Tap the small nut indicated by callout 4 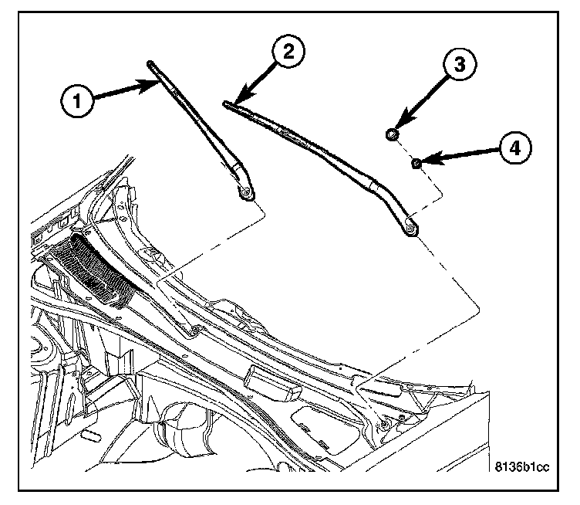pyautogui.click(x=415, y=162)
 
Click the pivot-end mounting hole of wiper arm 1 pyautogui.click(x=246, y=194)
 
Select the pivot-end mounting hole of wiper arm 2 pyautogui.click(x=410, y=225)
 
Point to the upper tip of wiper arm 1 pyautogui.click(x=148, y=63)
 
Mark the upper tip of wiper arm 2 pyautogui.click(x=226, y=103)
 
